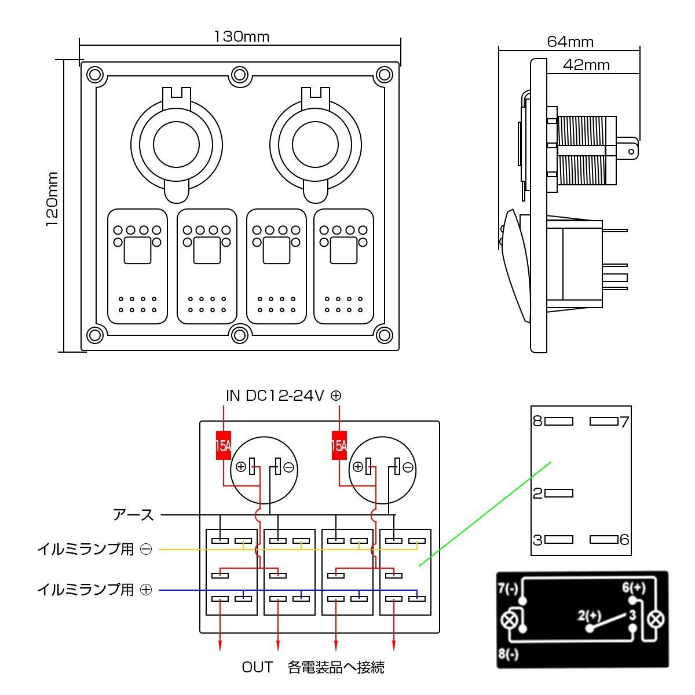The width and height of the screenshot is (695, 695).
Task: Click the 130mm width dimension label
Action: [242, 36]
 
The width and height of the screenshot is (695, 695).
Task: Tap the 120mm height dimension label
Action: [52, 199]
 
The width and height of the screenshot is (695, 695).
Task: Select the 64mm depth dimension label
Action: [570, 42]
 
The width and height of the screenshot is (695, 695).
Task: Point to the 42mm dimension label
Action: [586, 65]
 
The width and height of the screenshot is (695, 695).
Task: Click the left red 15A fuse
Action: [224, 445]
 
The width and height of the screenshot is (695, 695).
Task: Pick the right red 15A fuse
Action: [339, 445]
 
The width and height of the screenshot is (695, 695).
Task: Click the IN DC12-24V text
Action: [275, 396]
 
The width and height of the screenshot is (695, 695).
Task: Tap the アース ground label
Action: [134, 514]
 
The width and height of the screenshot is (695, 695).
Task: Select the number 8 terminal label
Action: [537, 421]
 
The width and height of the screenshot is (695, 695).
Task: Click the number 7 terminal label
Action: [624, 421]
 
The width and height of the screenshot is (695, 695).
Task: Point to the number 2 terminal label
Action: [537, 493]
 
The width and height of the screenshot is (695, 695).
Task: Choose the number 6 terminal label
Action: [624, 540]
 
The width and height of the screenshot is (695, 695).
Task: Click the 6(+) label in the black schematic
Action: [634, 587]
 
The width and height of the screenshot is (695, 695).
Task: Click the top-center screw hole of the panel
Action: [239, 75]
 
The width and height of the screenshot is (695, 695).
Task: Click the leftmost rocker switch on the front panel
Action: [137, 266]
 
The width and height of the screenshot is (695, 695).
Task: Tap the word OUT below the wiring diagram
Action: [257, 668]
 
